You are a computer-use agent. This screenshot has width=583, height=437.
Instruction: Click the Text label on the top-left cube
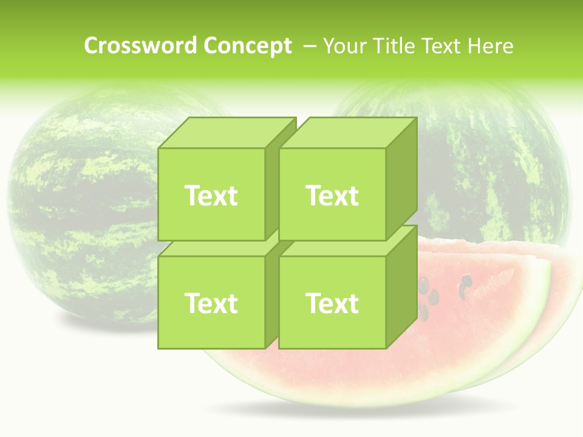[x=211, y=195]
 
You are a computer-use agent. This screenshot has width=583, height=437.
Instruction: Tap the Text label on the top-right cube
[x=332, y=195]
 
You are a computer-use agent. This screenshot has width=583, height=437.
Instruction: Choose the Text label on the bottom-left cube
[x=211, y=303]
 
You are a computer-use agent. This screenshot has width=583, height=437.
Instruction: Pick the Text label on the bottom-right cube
[x=332, y=303]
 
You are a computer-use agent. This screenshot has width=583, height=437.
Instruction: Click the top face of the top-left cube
[x=226, y=133]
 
